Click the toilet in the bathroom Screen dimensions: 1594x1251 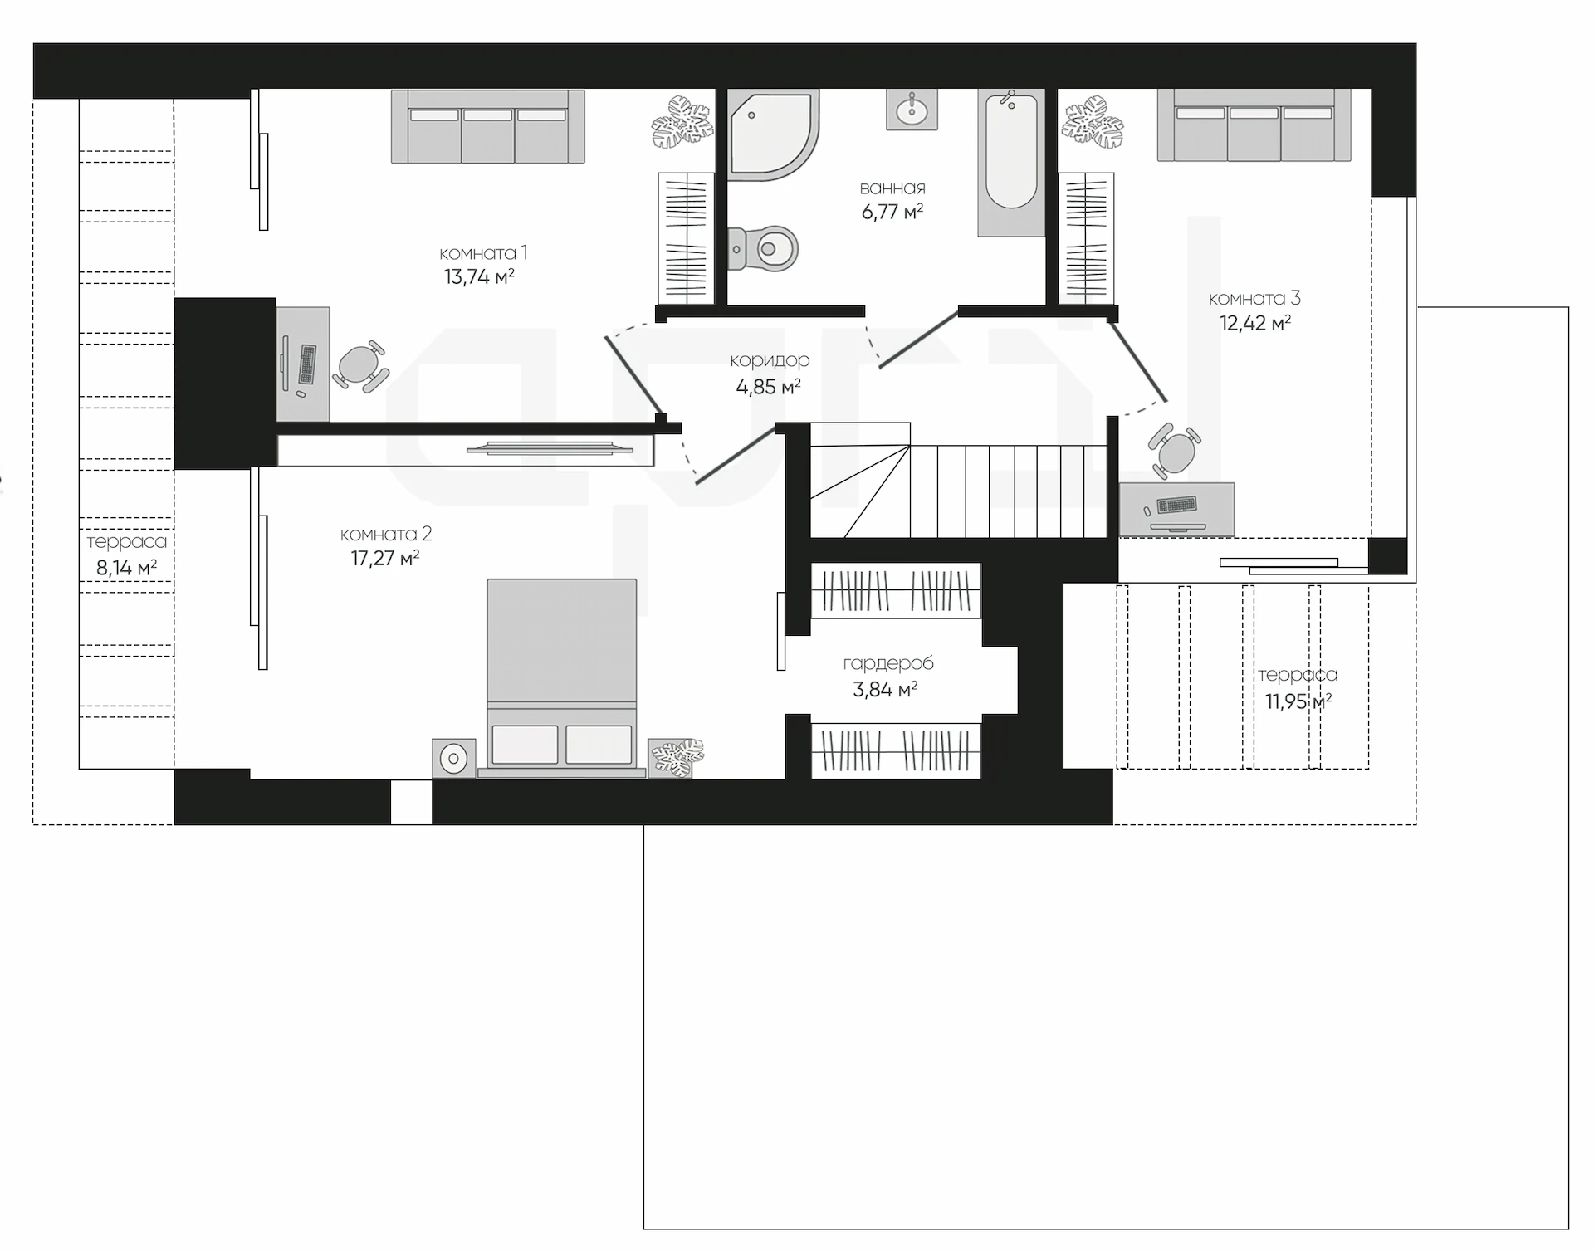[x=763, y=248]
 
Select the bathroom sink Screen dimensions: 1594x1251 [x=912, y=109]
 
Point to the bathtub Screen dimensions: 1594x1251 [x=1011, y=163]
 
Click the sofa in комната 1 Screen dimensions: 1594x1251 [x=488, y=126]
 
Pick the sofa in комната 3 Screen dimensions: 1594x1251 [x=1254, y=125]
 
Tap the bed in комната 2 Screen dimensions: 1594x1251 [x=561, y=678]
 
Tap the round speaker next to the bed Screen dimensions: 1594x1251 [x=454, y=758]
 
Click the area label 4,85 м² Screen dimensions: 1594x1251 [x=768, y=387]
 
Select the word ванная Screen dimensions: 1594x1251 [x=892, y=188]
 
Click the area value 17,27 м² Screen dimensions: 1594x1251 [x=385, y=558]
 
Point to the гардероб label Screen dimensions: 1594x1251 [x=888, y=663]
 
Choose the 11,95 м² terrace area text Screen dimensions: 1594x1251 [x=1298, y=701]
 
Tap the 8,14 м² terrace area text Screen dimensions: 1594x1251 [x=126, y=569]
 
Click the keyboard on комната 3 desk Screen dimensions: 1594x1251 [x=1176, y=505]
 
